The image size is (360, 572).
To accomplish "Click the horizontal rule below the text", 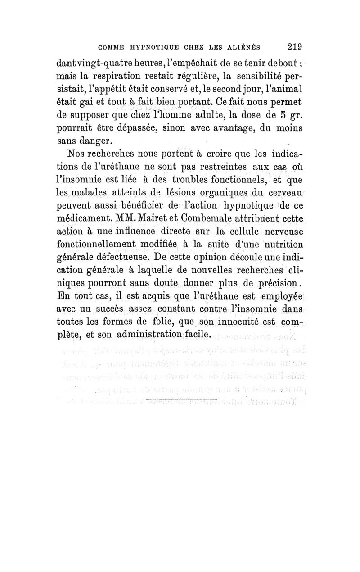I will (182, 399).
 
